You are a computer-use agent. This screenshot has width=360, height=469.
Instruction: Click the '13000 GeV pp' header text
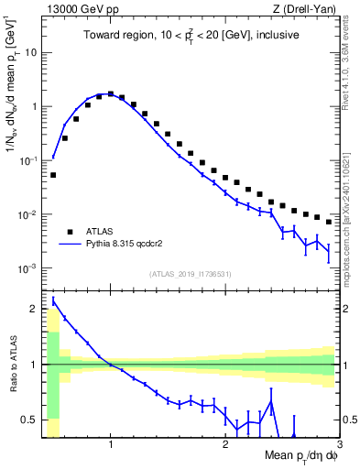(x=81, y=10)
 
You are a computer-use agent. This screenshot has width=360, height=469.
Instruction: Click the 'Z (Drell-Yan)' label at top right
(x=303, y=10)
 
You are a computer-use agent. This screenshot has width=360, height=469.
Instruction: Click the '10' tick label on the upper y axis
(x=30, y=52)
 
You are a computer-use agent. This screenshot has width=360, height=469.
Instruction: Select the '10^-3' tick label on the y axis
(x=27, y=268)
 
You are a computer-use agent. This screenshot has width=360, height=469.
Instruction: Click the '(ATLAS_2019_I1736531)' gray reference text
(x=191, y=273)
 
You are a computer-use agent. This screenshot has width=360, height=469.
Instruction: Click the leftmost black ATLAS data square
(x=53, y=174)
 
